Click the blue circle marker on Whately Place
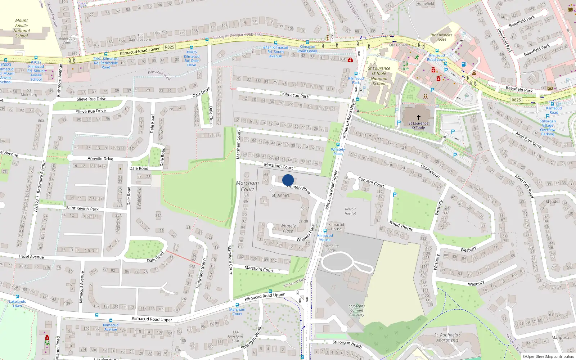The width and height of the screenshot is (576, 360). pyautogui.click(x=288, y=180)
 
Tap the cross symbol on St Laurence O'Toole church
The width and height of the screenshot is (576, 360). pyautogui.click(x=418, y=117)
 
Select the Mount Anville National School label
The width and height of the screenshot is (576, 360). pyautogui.click(x=22, y=28)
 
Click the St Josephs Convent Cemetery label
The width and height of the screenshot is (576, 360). pyautogui.click(x=356, y=310)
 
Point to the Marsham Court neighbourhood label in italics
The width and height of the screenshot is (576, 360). pyautogui.click(x=247, y=186)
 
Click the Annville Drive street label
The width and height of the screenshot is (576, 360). pyautogui.click(x=100, y=158)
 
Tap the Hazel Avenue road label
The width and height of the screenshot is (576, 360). pyautogui.click(x=31, y=257)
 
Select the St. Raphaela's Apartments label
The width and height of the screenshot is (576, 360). pyautogui.click(x=447, y=337)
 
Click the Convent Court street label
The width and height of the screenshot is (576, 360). pyautogui.click(x=371, y=182)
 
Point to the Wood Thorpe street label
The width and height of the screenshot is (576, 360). pyautogui.click(x=401, y=226)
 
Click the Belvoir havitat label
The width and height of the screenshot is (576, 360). pyautogui.click(x=350, y=211)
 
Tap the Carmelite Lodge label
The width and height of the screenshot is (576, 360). pyautogui.click(x=330, y=248)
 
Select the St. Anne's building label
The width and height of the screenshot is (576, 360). pyautogui.click(x=280, y=195)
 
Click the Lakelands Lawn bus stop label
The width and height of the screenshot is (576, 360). pyautogui.click(x=17, y=303)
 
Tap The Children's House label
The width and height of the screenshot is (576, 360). pyautogui.click(x=441, y=37)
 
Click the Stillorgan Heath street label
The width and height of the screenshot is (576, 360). pyautogui.click(x=347, y=344)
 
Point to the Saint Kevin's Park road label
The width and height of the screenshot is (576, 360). pyautogui.click(x=82, y=208)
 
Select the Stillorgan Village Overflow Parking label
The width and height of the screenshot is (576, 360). pyautogui.click(x=547, y=127)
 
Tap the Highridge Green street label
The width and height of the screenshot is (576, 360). pyautogui.click(x=201, y=273)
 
